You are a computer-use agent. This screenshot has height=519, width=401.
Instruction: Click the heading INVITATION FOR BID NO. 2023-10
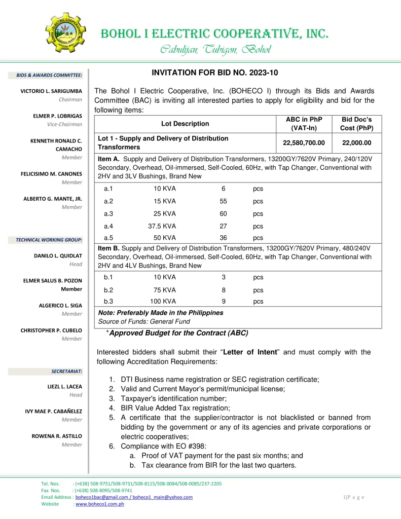[x=215, y=72]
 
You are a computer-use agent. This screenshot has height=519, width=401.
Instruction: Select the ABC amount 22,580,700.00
[x=304, y=142]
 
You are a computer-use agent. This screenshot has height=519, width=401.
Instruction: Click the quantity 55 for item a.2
[x=223, y=201]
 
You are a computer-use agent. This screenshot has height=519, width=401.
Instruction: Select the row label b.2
[x=108, y=290]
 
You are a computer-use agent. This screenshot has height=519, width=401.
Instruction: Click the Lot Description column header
[x=185, y=124]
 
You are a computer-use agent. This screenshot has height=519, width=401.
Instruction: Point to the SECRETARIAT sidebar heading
[x=66, y=371]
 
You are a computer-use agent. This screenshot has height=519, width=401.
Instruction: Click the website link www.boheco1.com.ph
[x=100, y=504]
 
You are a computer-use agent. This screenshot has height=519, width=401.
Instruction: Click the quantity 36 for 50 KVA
[x=223, y=238]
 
